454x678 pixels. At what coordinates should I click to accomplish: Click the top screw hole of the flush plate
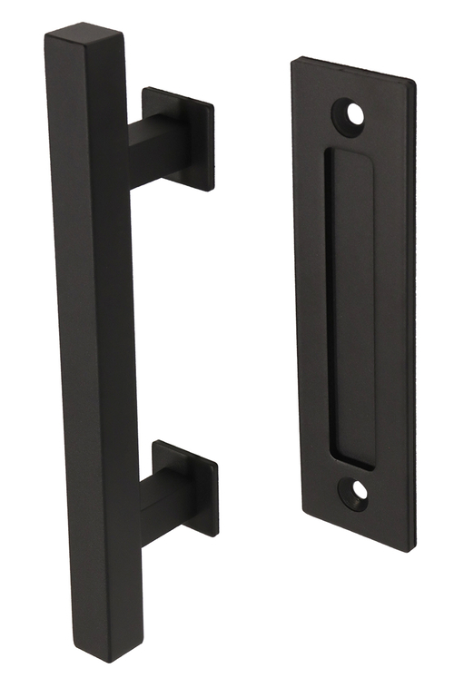pyautogui.click(x=352, y=114)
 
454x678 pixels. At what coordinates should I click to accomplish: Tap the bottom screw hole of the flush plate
pyautogui.click(x=356, y=491)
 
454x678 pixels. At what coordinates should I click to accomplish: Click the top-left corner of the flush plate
pyautogui.click(x=293, y=62)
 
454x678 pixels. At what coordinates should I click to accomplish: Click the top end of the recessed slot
pyautogui.click(x=349, y=156)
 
